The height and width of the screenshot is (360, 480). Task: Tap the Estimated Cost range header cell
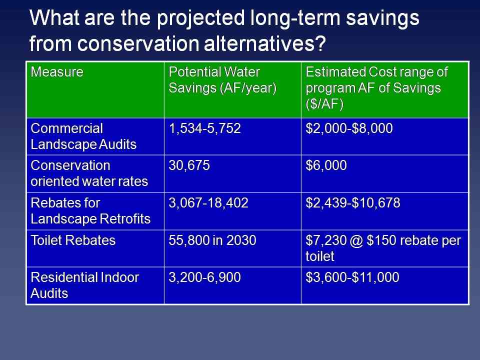tap(377, 87)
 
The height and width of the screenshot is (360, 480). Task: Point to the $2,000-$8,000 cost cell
tap(349, 128)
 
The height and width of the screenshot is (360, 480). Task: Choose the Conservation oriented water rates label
tap(89, 173)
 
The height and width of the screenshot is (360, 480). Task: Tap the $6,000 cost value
tap(326, 166)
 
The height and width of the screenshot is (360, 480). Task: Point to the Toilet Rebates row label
tap(73, 240)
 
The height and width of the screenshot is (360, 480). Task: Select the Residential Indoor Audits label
tap(84, 285)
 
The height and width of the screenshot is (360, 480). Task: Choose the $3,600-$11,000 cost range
tap(353, 278)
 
